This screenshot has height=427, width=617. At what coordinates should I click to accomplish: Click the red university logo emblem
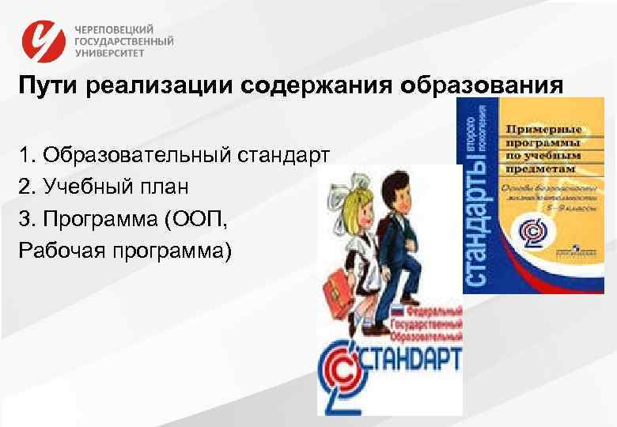click(x=44, y=40)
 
